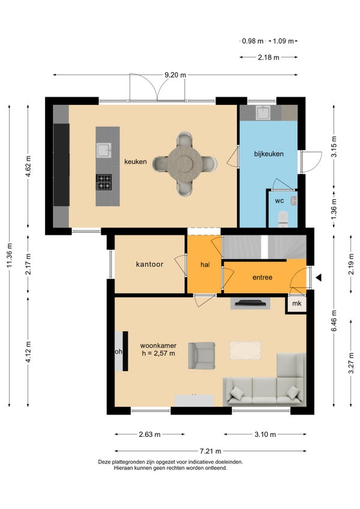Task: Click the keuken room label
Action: click(136, 161)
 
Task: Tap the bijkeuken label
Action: click(269, 154)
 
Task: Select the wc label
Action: click(279, 201)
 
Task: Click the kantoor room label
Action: click(149, 264)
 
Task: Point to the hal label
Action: click(205, 265)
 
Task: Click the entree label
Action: click(262, 277)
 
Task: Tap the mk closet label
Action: click(296, 303)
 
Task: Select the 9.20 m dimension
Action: click(175, 75)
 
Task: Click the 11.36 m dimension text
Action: click(10, 256)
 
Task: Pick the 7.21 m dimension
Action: click(211, 451)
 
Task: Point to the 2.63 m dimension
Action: click(149, 435)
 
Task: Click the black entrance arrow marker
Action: click(319, 277)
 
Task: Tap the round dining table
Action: click(185, 162)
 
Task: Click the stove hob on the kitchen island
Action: click(104, 182)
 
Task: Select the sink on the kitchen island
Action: click(104, 151)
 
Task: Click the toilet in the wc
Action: click(283, 219)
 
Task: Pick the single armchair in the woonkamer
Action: click(202, 355)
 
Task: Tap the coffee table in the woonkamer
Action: click(245, 351)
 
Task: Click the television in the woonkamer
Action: click(250, 303)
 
